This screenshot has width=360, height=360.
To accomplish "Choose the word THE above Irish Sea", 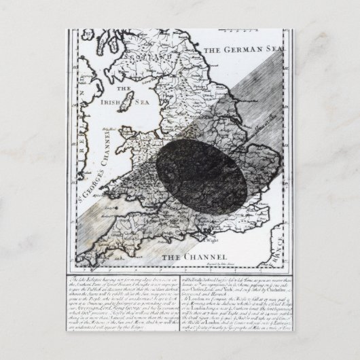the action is coord(123,88).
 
